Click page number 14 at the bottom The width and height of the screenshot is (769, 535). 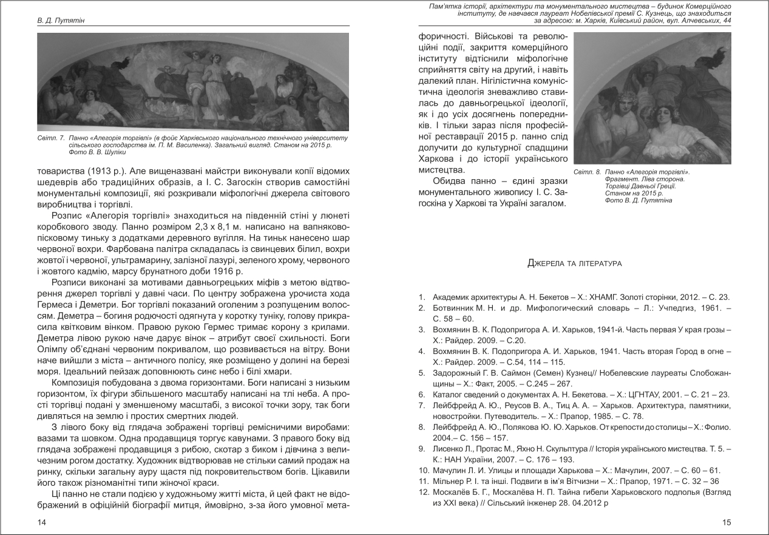tap(41, 522)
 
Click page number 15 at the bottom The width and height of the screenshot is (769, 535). tap(727, 522)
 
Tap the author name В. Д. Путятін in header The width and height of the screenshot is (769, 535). tap(59, 21)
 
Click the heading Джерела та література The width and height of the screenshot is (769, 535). tap(574, 264)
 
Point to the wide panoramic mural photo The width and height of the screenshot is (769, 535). tap(193, 82)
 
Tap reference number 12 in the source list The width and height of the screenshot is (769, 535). tap(423, 492)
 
